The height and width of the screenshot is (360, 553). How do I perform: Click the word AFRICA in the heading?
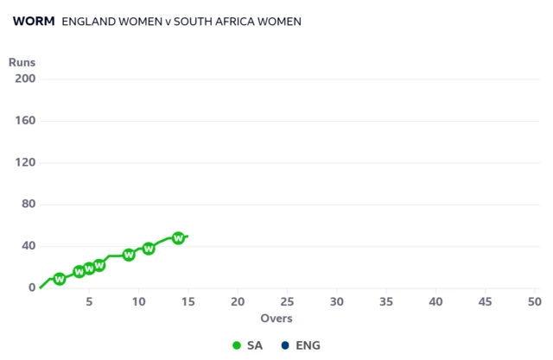tap(226, 22)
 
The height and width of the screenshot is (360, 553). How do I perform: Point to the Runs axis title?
tap(22, 62)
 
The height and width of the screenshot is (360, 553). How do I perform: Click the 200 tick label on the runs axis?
tap(25, 79)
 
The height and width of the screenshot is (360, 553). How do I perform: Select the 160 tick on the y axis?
tap(25, 121)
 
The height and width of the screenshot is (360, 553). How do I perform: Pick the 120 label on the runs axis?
tap(25, 162)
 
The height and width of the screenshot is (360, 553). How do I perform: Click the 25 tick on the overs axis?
tap(287, 302)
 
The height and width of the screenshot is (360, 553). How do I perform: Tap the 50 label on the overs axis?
tap(534, 302)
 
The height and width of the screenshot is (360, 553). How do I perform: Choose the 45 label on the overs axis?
tap(485, 302)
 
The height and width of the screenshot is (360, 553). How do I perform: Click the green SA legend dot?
tap(237, 345)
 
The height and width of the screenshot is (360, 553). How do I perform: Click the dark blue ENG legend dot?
tap(284, 345)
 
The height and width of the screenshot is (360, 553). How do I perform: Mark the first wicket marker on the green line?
tap(60, 279)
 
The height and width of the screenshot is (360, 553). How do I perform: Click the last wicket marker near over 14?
tap(179, 238)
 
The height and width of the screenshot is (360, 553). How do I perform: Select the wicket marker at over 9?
tap(129, 255)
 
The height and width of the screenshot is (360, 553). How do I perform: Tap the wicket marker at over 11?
tap(149, 249)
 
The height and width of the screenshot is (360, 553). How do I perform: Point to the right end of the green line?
tap(188, 237)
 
